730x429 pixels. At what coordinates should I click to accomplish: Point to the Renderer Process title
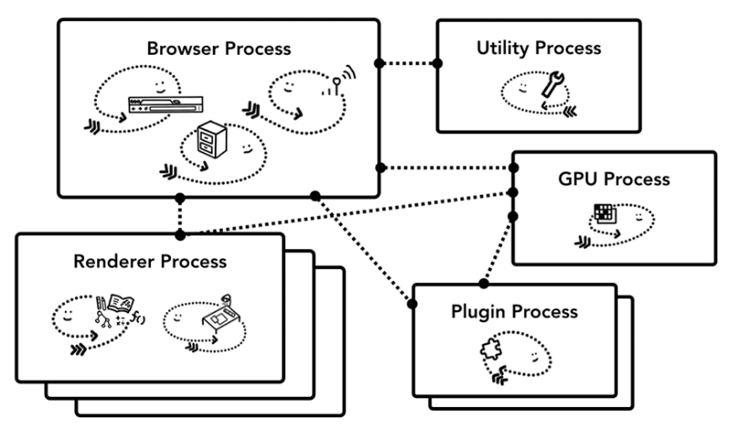(148, 262)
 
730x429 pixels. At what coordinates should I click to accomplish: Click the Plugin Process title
(514, 311)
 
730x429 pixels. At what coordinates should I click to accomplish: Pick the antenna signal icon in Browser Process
(339, 84)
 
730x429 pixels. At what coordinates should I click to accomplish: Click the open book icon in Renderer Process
(120, 303)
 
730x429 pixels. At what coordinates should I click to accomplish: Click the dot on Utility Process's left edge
(437, 63)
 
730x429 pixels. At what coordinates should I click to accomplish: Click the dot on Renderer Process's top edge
(180, 235)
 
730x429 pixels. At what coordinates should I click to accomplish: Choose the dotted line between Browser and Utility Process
(407, 63)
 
